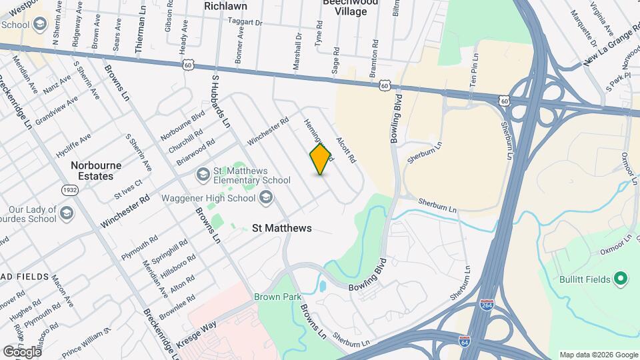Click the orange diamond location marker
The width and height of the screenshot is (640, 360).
tap(321, 159)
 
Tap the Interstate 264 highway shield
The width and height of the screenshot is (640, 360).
tap(487, 305)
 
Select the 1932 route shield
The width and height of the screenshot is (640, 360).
tap(69, 191)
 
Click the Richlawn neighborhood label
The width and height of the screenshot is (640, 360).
tap(225, 6)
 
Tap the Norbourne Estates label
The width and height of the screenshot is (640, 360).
tap(92, 171)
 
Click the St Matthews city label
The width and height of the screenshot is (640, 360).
tap(282, 228)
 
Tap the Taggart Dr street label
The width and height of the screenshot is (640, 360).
tap(246, 22)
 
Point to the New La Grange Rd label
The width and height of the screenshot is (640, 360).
tap(607, 51)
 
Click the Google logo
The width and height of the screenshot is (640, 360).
tap(21, 351)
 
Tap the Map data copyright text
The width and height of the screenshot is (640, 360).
tap(598, 355)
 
